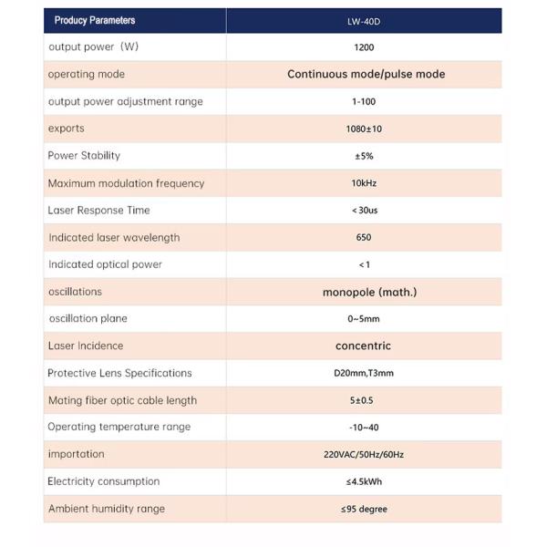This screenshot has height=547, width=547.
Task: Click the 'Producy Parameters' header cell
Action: pos(95,20)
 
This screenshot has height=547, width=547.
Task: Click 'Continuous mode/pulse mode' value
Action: pos(366,74)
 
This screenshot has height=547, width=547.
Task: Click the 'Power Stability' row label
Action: pos(84,156)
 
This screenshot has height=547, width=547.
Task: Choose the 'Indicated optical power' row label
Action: pos(105,264)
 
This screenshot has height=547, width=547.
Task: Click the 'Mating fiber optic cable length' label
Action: pos(122,400)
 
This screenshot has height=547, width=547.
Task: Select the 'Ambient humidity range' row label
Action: pos(107,509)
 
